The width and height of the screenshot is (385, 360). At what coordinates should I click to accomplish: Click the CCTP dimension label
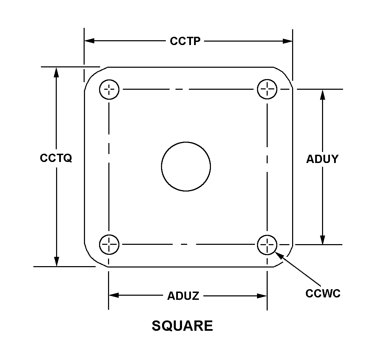pos(185,41)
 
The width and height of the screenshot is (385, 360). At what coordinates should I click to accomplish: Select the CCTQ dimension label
pos(56,158)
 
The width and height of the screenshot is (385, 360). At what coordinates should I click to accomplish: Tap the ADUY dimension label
pos(322,159)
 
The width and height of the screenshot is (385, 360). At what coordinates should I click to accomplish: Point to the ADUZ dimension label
pos(183,296)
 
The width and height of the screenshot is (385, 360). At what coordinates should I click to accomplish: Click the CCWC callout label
pos(323,293)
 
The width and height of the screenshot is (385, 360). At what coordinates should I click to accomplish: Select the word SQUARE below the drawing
pos(182,326)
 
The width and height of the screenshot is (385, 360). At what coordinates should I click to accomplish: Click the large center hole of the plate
pos(186,167)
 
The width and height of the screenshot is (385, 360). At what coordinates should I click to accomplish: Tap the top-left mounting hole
pos(109,90)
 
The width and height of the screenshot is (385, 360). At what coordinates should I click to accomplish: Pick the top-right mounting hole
pos(267,89)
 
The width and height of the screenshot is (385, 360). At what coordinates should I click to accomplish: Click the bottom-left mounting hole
pos(109,244)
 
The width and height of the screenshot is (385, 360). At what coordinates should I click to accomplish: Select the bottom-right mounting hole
pos(267,244)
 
